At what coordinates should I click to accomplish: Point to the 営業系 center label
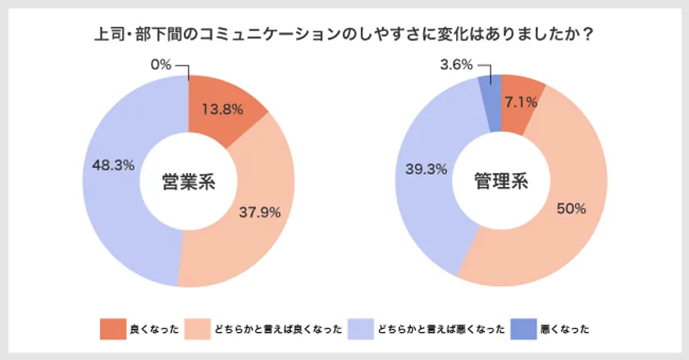pyautogui.click(x=188, y=181)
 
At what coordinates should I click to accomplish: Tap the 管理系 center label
pyautogui.click(x=501, y=181)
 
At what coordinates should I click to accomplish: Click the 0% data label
pyautogui.click(x=162, y=64)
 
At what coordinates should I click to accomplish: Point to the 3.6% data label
pyautogui.click(x=457, y=64)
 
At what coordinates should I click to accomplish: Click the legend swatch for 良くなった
pyautogui.click(x=112, y=329)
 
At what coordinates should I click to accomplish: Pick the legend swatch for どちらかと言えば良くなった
pyautogui.click(x=198, y=329)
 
